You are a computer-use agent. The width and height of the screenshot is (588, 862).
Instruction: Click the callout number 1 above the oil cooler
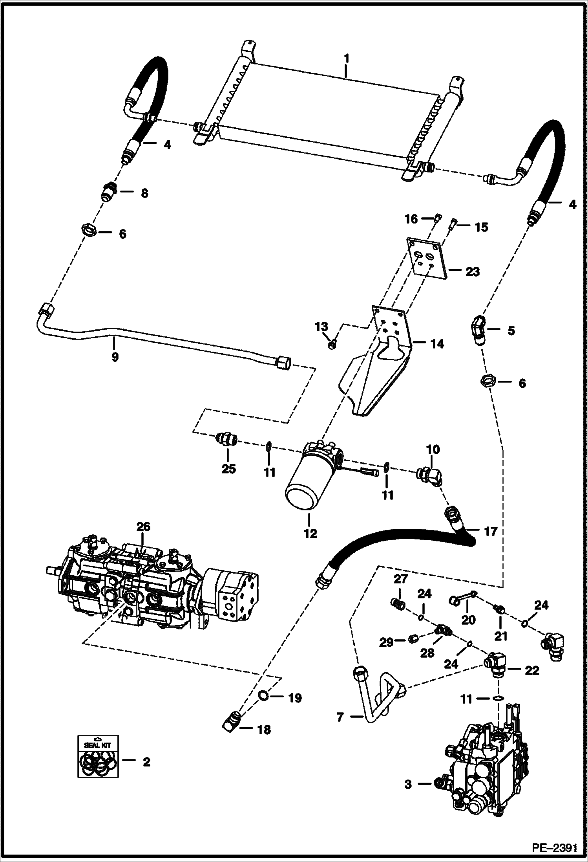tap(346, 59)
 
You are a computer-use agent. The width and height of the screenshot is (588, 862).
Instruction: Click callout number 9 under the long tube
tap(115, 357)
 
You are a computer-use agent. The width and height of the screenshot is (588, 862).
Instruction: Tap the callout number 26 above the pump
tap(143, 527)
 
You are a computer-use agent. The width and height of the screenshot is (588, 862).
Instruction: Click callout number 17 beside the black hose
tap(491, 532)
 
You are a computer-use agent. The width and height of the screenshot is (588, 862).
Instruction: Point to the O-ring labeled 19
tap(263, 697)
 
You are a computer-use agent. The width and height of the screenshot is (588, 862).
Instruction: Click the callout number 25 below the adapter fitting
tap(228, 468)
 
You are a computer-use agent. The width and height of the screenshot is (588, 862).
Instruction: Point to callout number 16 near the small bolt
tap(411, 219)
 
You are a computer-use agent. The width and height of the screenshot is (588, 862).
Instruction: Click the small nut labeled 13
tap(332, 345)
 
